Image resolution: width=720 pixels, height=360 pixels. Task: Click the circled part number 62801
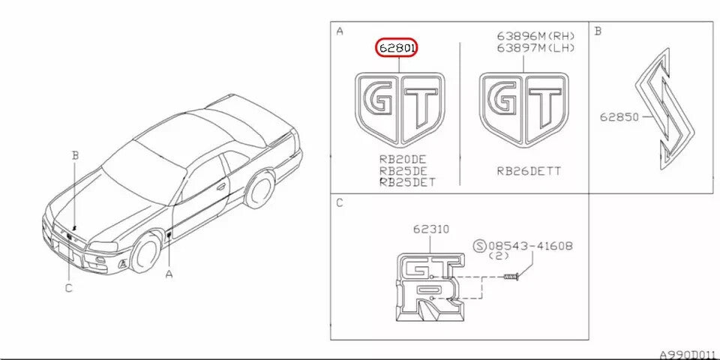click(x=396, y=48)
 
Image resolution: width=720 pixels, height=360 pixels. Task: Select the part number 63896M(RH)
click(x=535, y=36)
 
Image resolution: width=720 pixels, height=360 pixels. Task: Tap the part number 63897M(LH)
click(x=535, y=46)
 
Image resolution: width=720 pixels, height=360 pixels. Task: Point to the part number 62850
click(x=619, y=117)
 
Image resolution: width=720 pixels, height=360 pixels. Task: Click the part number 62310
click(x=430, y=229)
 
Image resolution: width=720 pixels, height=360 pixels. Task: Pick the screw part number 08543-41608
click(x=530, y=246)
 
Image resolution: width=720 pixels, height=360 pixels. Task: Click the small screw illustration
click(x=511, y=277)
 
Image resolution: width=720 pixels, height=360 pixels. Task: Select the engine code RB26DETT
click(x=529, y=171)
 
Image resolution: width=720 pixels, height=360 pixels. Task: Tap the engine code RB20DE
click(x=403, y=160)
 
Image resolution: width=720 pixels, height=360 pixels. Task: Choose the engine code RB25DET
click(x=406, y=182)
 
